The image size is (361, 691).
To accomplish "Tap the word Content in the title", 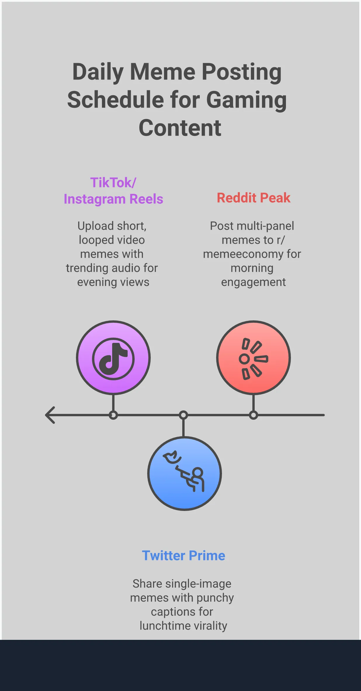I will pos(180,128).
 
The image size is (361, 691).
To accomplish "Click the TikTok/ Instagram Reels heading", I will pos(113,191).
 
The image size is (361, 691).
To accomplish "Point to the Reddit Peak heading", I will pos(254,198).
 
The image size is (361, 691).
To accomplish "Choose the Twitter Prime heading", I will pos(183,556).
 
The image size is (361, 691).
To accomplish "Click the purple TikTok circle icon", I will pos(113,358).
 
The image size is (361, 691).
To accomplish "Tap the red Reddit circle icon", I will pos(254,358).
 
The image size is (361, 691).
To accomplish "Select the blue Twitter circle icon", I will pos(185,474).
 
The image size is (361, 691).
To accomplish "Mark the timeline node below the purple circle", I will pos(113,415).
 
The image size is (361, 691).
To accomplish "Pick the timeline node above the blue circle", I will pos(183,415).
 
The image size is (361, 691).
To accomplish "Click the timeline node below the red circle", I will pos(254,415).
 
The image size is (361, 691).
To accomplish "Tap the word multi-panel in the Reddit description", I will pos(265,226).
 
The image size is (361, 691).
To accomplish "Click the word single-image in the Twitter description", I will pos(198,584).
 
